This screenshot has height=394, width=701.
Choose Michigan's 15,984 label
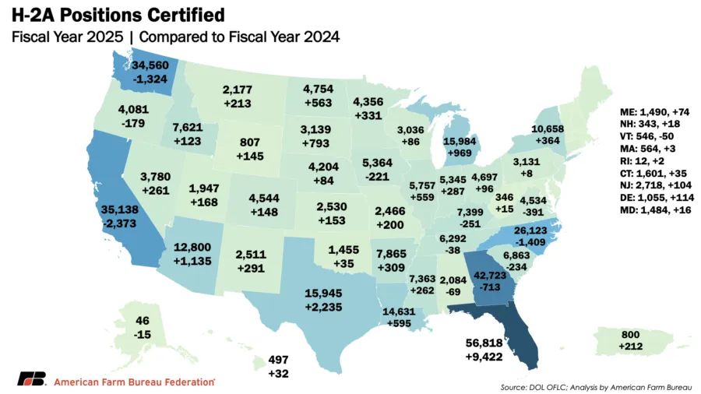467,122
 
